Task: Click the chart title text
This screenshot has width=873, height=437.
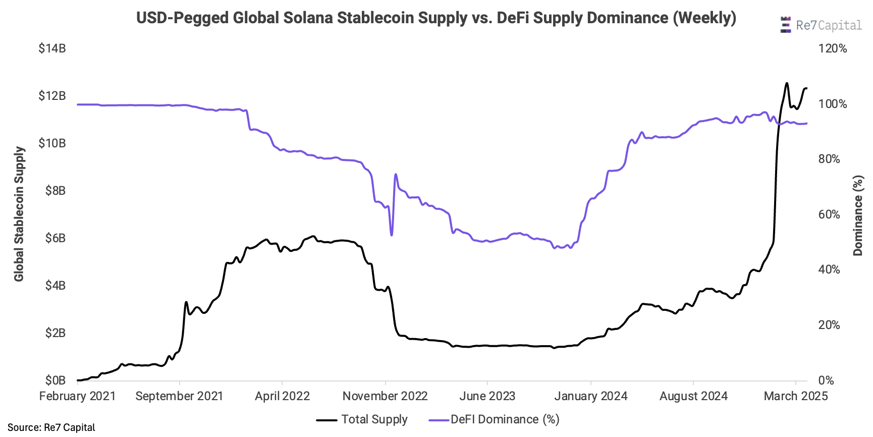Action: coord(436,18)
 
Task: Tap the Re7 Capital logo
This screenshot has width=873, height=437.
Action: coord(821,25)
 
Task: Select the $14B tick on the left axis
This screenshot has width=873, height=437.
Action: coord(52,48)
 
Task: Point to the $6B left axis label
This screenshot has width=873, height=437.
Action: coord(55,238)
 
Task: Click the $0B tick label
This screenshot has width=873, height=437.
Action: coord(55,380)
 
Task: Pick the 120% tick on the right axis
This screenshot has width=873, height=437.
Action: coord(833,48)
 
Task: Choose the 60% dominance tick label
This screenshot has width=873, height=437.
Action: coord(829,214)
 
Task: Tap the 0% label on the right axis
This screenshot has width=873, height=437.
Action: coord(826,380)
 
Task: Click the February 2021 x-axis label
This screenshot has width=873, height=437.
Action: coord(77,396)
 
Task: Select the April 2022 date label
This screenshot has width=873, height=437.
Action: coord(282,396)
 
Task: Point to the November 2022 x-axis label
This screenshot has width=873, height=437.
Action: coord(385,396)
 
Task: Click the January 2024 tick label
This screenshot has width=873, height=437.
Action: coord(590,396)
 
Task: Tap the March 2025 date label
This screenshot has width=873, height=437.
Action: coord(796,396)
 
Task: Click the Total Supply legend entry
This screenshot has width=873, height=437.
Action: coord(362,419)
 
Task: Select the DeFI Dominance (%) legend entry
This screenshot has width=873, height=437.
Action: coord(494,419)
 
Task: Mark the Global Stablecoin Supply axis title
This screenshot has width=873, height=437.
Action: coord(19,214)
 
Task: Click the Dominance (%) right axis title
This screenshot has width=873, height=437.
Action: coord(858,215)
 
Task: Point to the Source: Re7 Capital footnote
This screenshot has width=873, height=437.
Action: coord(51,427)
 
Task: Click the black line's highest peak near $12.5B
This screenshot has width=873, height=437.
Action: coord(786,83)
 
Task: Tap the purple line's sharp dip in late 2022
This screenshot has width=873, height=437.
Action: coord(391,235)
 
